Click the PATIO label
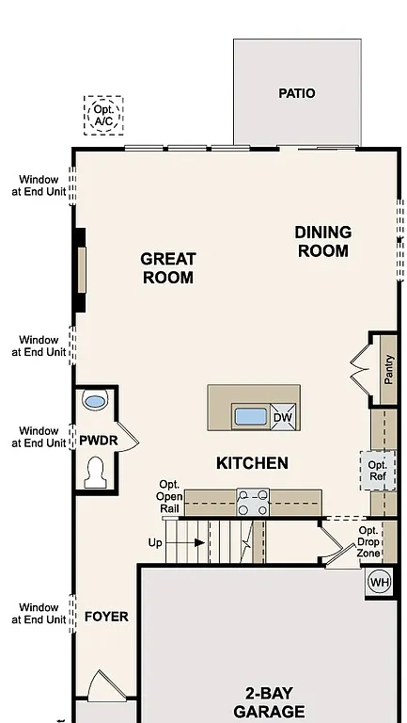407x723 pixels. click(x=296, y=93)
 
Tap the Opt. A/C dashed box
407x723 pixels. click(x=102, y=115)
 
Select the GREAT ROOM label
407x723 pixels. click(x=168, y=267)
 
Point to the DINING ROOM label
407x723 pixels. click(x=322, y=241)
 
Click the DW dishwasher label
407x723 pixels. click(x=283, y=417)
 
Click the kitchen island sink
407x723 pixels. click(x=251, y=416)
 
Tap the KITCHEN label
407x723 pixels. click(x=252, y=463)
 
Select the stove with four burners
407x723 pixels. click(x=252, y=502)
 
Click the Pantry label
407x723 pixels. click(x=388, y=368)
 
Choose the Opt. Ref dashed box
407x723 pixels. click(x=377, y=471)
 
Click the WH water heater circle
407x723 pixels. click(x=379, y=582)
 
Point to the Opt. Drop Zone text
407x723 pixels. click(x=368, y=543)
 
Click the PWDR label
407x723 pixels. click(x=98, y=440)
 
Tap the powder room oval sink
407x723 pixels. click(x=95, y=401)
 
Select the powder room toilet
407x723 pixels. click(x=95, y=472)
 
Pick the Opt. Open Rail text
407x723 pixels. click(x=169, y=496)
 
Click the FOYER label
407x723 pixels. click(x=106, y=617)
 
